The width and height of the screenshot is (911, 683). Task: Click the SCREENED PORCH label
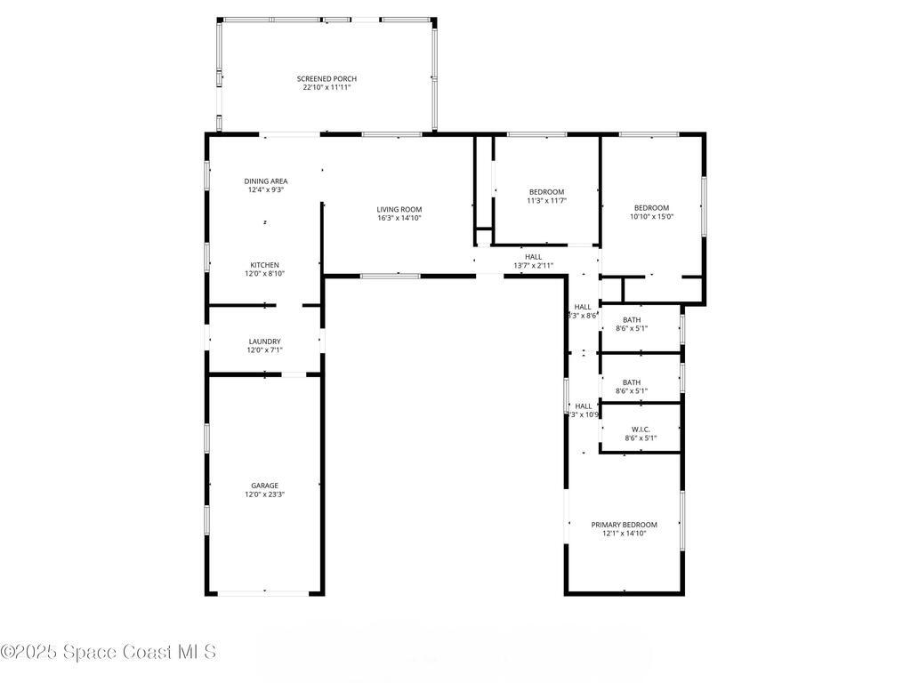(327, 79)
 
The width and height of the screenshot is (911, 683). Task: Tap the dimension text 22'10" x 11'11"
(327, 88)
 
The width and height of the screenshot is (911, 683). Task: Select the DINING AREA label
(266, 181)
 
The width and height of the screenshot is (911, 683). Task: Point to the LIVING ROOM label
(399, 210)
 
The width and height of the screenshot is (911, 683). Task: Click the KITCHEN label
(264, 265)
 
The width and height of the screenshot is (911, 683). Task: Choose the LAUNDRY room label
(264, 341)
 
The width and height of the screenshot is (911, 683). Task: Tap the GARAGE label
(264, 486)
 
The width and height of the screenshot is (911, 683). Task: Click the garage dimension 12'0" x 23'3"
(264, 494)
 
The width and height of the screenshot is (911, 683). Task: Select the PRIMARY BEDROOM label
(624, 525)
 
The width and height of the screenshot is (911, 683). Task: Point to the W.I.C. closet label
(641, 430)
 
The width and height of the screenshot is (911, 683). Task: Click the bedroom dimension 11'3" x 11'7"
(546, 201)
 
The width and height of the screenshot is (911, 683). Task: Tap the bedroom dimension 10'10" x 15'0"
(651, 216)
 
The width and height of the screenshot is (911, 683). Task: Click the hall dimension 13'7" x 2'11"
(533, 266)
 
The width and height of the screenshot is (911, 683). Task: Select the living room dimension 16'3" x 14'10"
(399, 218)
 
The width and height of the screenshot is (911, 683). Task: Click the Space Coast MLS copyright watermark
(109, 652)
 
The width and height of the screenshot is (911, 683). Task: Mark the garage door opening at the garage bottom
(264, 593)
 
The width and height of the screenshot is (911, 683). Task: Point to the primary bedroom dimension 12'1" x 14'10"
(624, 534)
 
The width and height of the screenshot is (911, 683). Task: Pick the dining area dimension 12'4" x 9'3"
(266, 189)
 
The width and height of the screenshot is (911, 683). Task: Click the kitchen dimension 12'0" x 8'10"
(264, 274)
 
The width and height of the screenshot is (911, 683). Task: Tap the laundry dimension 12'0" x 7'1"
(264, 350)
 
